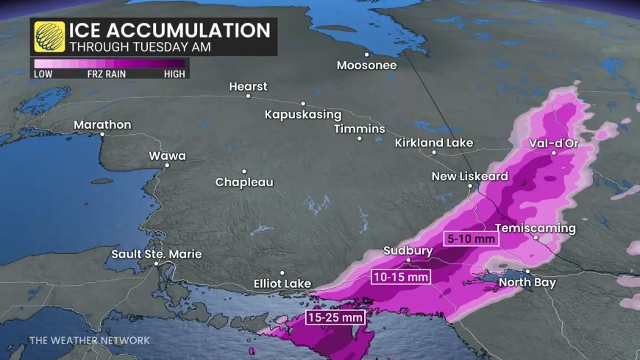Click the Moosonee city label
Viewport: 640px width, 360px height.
pos(366,66)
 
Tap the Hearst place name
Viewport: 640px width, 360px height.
pos(248,87)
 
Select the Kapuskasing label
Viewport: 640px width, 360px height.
pos(303,115)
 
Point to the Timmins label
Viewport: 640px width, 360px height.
pos(359,129)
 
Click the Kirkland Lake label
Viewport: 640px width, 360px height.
pos(433,143)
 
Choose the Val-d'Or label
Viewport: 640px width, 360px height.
pos(554,144)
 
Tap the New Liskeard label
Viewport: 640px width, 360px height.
pos(469,177)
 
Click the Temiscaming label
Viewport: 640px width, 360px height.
pos(536,228)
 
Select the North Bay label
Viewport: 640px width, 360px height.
pos(527,283)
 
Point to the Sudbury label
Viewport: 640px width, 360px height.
pos(408,251)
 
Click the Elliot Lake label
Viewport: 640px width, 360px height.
pos(282,283)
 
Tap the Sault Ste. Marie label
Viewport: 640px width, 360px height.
pos(156,254)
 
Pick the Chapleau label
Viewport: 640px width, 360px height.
pos(243,182)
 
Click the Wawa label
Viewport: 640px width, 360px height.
pos(167,156)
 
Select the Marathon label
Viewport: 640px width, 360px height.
pos(102,125)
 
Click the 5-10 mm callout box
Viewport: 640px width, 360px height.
pos(471,239)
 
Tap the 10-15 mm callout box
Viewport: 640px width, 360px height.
pos(399,277)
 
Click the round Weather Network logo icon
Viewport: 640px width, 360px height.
pos(49,37)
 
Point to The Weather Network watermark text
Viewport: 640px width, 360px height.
pos(89,340)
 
